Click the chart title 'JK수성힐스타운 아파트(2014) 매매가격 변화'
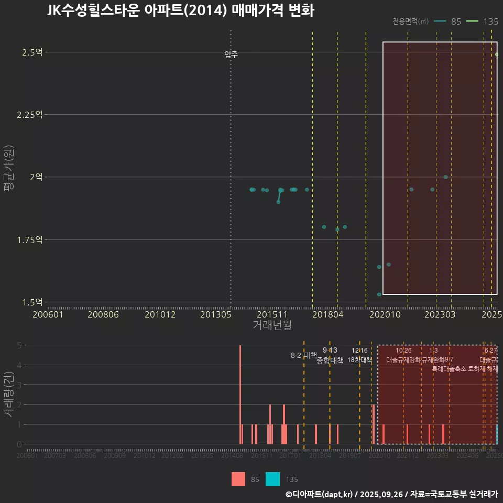180,11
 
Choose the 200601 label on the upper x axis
48,314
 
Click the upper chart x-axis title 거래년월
272,325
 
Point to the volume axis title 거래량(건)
9,395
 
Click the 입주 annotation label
231,54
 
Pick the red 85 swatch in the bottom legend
238,479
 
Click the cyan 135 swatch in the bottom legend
272,479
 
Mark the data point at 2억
445,177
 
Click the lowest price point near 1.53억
379,294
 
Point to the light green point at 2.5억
497,54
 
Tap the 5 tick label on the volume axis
19,345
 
